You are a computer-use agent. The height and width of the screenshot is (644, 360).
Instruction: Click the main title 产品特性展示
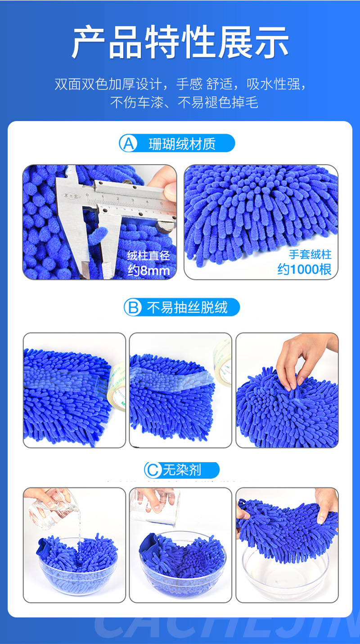180,43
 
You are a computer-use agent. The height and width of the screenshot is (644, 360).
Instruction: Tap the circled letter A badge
128,144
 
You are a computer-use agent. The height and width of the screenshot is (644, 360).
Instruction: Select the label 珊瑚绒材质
182,144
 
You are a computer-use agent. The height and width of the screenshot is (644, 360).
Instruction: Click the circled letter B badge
133,308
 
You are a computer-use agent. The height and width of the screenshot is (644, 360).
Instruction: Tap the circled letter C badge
153,470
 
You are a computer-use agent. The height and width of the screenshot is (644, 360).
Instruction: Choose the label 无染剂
182,470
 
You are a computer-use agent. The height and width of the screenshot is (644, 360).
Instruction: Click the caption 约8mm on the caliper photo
148,270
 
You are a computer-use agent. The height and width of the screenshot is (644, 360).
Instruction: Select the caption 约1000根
304,269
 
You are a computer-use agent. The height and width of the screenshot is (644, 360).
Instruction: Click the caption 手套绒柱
310,254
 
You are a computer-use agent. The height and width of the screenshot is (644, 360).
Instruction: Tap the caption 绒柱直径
148,256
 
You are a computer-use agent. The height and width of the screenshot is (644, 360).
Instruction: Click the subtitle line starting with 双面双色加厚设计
180,84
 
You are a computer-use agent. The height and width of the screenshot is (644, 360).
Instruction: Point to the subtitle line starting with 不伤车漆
184,103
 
